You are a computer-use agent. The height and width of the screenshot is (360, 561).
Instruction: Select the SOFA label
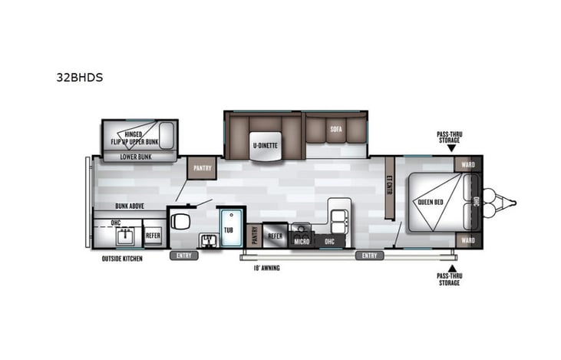(336, 129)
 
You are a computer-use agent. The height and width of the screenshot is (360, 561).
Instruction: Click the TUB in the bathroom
(228, 228)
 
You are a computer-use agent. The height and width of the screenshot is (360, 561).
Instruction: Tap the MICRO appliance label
(302, 241)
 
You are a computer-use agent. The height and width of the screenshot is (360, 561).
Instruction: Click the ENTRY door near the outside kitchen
(183, 256)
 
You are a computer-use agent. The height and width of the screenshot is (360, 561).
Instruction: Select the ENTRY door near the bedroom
(369, 256)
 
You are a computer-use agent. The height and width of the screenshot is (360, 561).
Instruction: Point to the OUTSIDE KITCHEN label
(122, 259)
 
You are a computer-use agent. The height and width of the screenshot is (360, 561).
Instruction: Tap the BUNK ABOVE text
(131, 206)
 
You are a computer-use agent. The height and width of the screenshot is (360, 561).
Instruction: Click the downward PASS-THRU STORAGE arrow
(451, 147)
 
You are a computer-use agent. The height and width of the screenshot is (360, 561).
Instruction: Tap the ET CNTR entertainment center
(389, 187)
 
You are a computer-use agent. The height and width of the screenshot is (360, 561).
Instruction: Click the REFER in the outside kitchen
(153, 236)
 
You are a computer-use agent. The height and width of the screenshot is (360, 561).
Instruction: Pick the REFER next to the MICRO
(276, 236)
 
